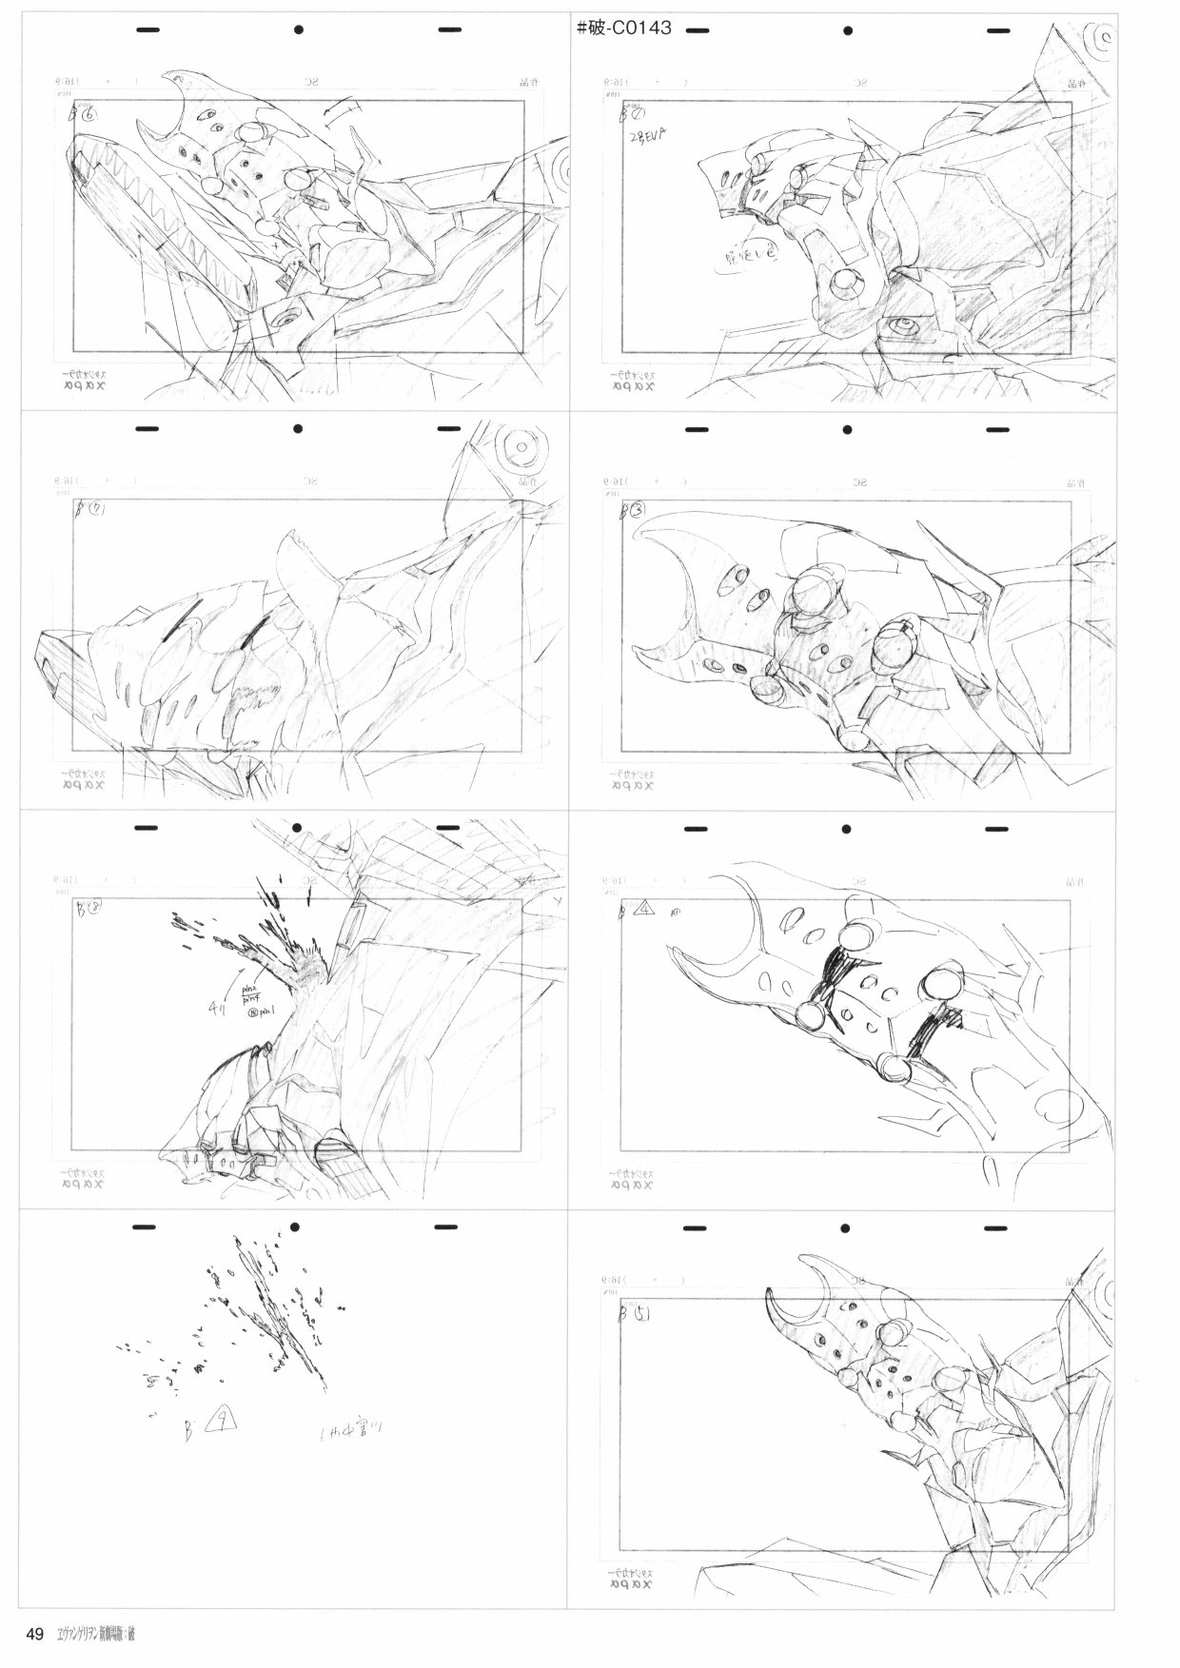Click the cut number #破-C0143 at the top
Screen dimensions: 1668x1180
point(624,29)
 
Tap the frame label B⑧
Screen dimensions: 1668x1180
point(88,908)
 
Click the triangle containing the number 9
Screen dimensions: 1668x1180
point(221,1424)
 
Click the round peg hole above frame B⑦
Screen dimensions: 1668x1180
point(298,429)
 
